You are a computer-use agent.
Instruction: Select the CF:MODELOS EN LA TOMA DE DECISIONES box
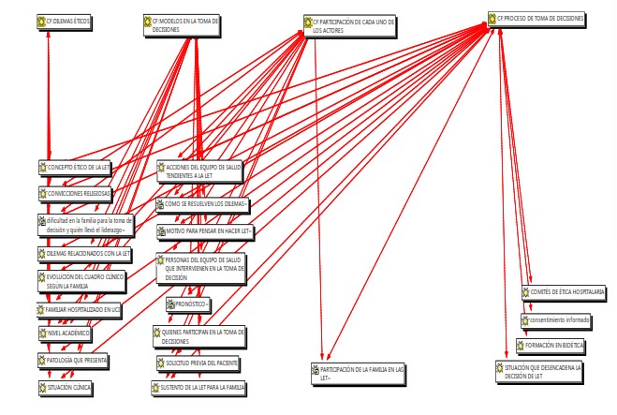(182, 25)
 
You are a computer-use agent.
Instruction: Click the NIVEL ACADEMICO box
(65, 333)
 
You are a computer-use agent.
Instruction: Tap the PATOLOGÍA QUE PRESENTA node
(74, 360)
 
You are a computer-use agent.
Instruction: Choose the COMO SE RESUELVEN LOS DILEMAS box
(203, 203)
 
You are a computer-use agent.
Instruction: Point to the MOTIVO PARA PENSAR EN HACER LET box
(205, 230)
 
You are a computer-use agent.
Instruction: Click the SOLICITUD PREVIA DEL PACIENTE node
(198, 362)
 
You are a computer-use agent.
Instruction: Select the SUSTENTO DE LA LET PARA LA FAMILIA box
(198, 386)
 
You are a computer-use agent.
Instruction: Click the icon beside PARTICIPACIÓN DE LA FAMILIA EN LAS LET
(315, 371)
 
